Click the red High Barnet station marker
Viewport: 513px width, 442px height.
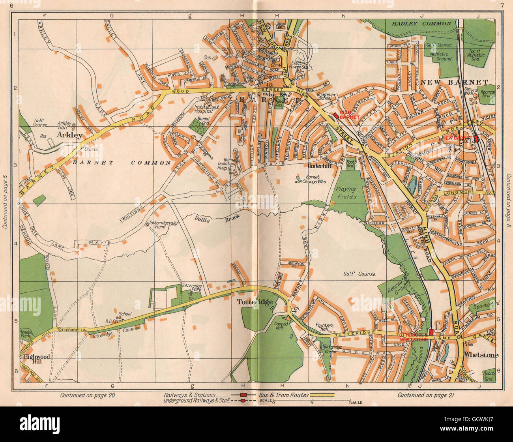point(335,115)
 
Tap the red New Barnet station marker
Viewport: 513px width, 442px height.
point(476,139)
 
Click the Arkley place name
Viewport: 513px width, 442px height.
point(70,135)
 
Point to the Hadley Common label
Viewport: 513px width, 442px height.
point(421,24)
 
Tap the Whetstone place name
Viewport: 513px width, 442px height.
point(481,355)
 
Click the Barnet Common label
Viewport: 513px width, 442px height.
point(122,163)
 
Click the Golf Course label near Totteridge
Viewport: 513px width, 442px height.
point(359,274)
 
